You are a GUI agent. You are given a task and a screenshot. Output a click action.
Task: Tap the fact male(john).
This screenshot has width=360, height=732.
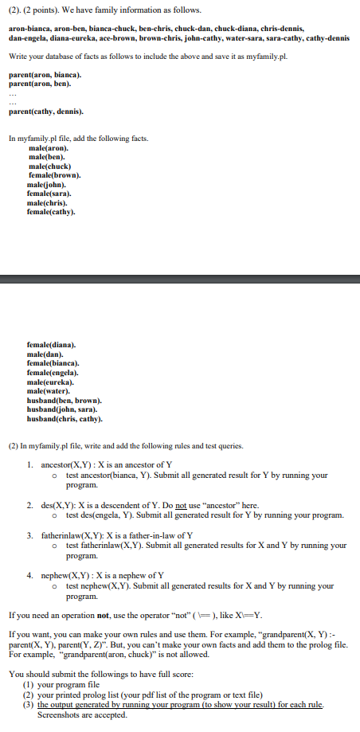coord(49,184)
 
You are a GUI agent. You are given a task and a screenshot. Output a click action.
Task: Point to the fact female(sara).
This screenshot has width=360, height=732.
coord(49,193)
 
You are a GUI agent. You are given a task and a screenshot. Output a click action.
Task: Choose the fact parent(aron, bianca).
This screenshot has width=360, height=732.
coord(45,74)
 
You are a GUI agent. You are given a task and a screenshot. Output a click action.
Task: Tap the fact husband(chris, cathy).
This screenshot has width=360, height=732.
coord(65,417)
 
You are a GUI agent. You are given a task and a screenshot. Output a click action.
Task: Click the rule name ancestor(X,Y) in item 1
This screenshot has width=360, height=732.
coord(72,464)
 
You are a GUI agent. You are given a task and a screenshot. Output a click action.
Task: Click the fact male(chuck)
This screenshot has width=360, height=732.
coord(50,166)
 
